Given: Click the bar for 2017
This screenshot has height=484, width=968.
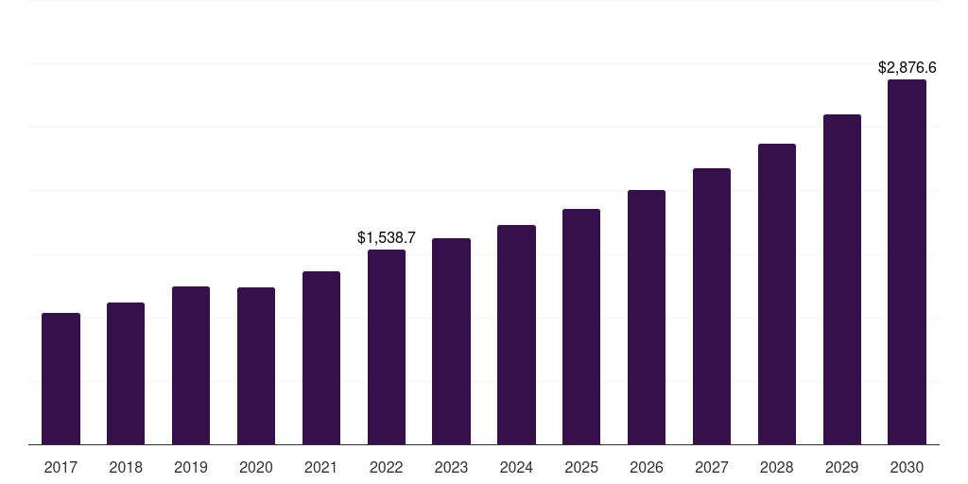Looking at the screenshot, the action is (x=61, y=378).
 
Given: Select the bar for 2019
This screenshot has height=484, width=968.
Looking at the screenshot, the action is (x=191, y=366).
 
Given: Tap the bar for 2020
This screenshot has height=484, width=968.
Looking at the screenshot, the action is (x=256, y=366).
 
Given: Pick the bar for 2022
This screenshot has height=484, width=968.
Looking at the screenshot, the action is (x=387, y=347).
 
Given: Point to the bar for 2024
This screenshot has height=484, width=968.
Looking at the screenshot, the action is (x=517, y=335).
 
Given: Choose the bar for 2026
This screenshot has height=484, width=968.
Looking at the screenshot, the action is (x=647, y=318).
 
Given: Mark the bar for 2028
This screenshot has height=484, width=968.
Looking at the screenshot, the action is (x=777, y=294).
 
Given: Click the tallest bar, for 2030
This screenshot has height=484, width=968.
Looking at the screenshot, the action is (x=907, y=262).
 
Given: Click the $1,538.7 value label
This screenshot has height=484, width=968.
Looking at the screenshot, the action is (x=387, y=237).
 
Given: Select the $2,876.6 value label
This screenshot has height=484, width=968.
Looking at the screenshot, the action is (x=907, y=67).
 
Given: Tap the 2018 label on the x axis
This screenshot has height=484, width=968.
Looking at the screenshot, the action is (x=126, y=468).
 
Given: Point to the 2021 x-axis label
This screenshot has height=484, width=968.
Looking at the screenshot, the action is (x=321, y=468).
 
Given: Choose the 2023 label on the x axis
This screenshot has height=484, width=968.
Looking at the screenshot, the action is (x=451, y=468).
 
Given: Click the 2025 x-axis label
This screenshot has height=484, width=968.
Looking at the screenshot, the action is (x=581, y=468).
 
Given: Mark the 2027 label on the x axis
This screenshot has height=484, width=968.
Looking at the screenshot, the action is (x=712, y=468).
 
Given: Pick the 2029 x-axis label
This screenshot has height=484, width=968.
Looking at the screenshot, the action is (x=842, y=468).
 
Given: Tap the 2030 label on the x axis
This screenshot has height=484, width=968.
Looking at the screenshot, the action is (x=907, y=468).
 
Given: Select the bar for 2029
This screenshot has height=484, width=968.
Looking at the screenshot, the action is (x=842, y=279).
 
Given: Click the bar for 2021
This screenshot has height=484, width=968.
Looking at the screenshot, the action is (x=321, y=357).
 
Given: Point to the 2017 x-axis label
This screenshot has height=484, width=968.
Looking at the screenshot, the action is (x=61, y=468).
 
